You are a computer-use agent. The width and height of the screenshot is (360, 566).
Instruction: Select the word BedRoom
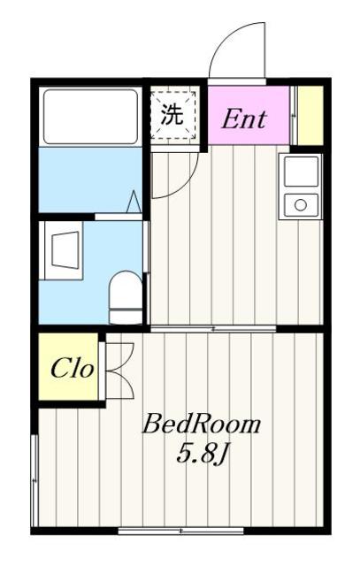pyautogui.click(x=203, y=424)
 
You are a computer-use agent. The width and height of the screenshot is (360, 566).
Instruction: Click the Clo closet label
pyautogui.click(x=71, y=369)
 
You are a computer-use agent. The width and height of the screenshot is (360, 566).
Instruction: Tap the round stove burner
pyautogui.click(x=301, y=205)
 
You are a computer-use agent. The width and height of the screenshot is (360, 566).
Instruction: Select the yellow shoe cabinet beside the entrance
pyautogui.click(x=307, y=115)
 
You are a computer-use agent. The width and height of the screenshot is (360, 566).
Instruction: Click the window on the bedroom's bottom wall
pyautogui.click(x=181, y=531)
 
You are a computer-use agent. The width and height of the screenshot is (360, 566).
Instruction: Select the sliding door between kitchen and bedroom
pyautogui.click(x=212, y=328)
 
